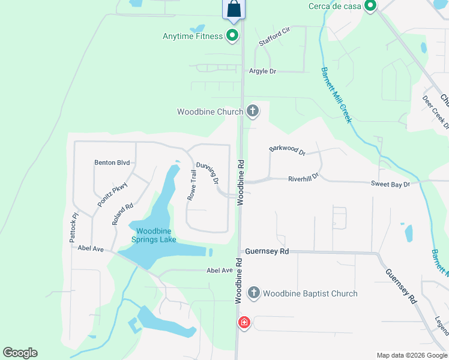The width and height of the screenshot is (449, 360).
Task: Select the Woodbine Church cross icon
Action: tap(253, 111)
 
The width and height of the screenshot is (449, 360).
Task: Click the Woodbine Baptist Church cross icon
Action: tap(253, 293)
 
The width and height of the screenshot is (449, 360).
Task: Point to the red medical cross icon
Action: tap(244, 323)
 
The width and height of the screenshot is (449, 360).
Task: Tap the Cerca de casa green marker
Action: tap(370, 7)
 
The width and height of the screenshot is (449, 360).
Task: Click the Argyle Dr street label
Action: tap(262, 71)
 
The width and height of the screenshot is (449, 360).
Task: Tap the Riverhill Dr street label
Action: tap(303, 178)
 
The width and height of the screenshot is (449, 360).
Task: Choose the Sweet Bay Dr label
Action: tap(390, 184)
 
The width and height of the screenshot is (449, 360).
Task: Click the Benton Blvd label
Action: tap(112, 163)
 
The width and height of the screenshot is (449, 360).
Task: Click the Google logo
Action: tap(20, 353)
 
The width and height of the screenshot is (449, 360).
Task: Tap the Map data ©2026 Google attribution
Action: tap(412, 355)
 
